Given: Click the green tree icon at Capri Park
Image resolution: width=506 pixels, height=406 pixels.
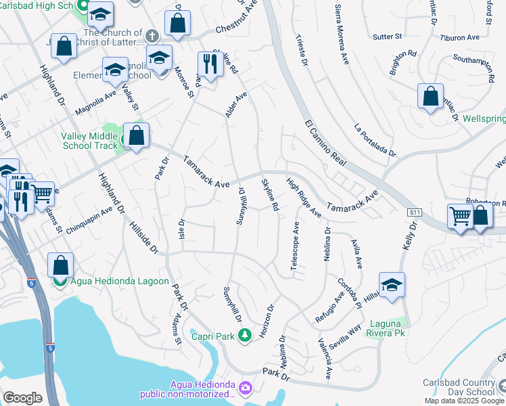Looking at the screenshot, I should (244, 334).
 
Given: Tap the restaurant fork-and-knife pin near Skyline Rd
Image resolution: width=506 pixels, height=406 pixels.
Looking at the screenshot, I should (210, 64).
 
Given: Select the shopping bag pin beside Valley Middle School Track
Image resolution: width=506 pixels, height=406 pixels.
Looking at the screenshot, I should (136, 135).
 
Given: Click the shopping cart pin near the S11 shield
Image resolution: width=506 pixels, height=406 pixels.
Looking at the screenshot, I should (460, 217).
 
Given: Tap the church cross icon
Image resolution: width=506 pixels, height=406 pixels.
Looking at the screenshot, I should (152, 34).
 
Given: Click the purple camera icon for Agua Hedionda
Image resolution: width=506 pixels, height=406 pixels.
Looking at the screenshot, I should (244, 389).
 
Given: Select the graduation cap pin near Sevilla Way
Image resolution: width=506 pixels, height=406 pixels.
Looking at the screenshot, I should (391, 286).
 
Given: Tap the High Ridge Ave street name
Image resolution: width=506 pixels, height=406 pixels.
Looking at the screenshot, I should (303, 197).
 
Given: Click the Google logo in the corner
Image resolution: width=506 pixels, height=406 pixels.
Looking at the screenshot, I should (22, 397).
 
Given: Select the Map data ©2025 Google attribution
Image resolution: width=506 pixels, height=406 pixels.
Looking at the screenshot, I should (465, 401).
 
